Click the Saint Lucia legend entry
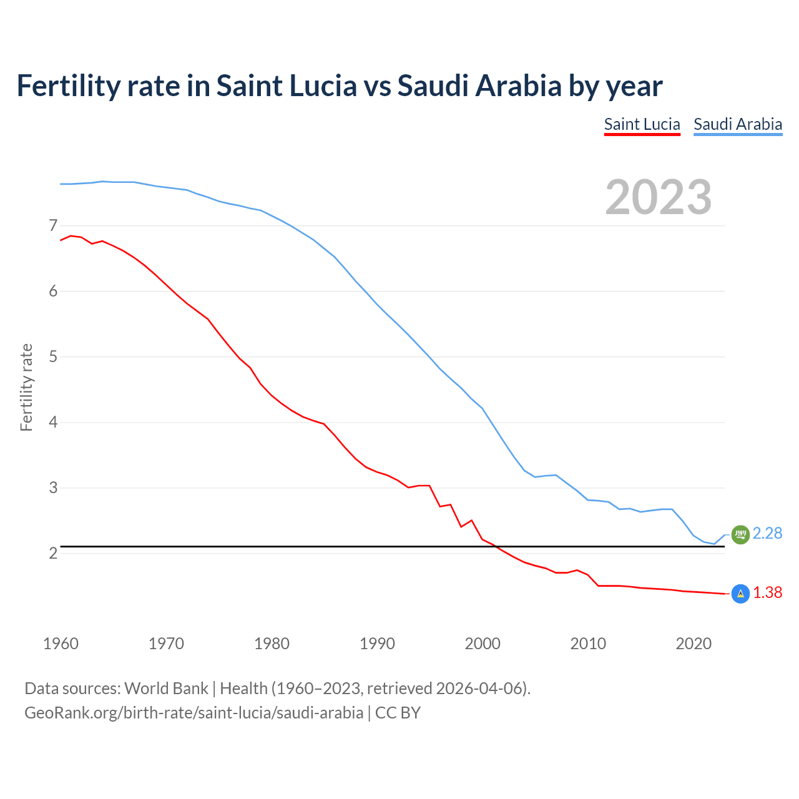tap(642, 124)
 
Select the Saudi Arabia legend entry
tap(738, 124)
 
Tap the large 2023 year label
tap(658, 197)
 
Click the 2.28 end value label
tap(767, 533)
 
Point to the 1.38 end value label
tap(767, 592)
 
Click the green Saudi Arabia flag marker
tap(740, 534)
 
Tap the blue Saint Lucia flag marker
tap(740, 594)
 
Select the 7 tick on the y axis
tap(53, 225)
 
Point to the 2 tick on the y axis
tap(53, 554)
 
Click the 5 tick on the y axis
tap(53, 357)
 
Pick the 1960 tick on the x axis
tap(61, 644)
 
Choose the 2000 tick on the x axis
tap(483, 644)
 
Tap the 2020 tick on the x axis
tap(694, 644)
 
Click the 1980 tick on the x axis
tap(272, 644)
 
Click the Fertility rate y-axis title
tap(26, 387)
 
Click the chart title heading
tap(339, 86)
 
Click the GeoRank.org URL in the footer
tap(194, 712)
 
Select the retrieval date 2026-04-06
tap(478, 689)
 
